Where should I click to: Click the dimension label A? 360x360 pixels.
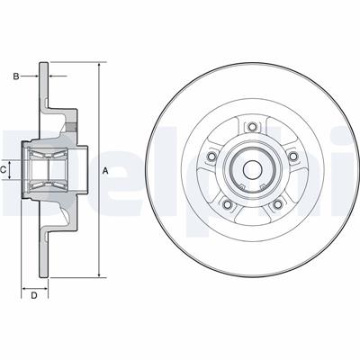point(105,171)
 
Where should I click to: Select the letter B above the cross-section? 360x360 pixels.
point(15,76)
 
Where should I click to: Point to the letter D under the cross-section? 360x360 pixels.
point(33,294)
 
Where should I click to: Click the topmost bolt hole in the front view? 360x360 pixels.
point(251,126)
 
